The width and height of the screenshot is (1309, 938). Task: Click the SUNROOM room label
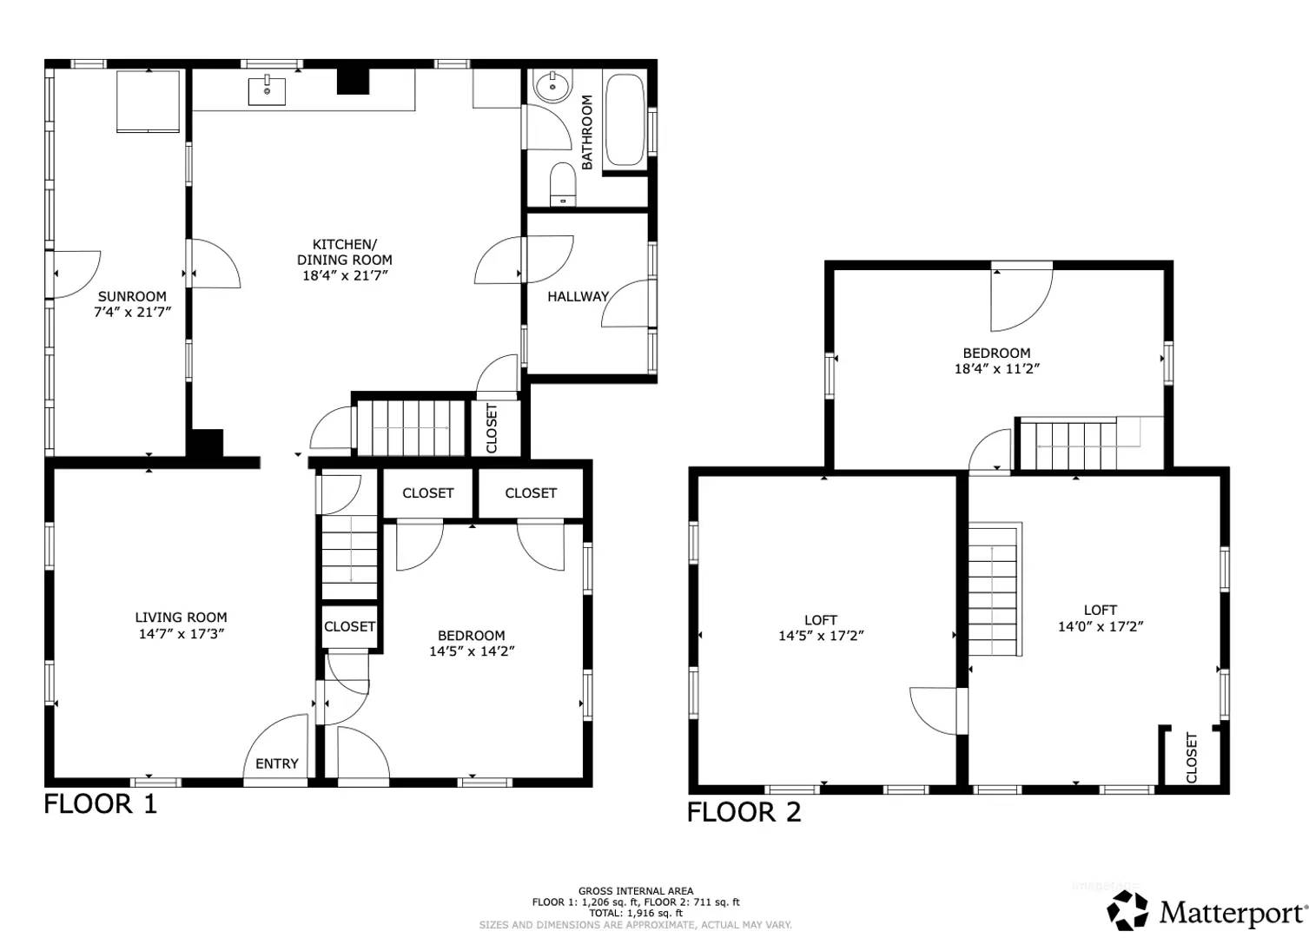[132, 296]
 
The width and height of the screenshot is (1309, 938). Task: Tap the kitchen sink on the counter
[267, 90]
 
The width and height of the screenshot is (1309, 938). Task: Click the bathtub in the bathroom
[625, 120]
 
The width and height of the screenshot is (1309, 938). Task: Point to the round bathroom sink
[552, 87]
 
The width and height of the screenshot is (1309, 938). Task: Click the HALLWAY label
[578, 296]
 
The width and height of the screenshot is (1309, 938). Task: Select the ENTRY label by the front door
[276, 763]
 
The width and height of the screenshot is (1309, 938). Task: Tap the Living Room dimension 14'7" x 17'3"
[181, 634]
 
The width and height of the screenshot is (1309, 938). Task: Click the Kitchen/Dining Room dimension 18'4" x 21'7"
[344, 275]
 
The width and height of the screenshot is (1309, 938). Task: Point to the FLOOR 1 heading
[101, 804]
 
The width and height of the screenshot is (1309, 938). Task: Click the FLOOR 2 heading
[744, 813]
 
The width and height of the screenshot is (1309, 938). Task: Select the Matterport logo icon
[1127, 911]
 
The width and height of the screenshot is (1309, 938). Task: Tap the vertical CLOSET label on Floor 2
[1191, 757]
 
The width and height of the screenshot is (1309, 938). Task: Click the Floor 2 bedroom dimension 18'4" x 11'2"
[996, 368]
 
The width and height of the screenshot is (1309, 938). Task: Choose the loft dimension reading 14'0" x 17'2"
[1100, 626]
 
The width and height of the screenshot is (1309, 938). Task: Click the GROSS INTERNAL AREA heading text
[636, 891]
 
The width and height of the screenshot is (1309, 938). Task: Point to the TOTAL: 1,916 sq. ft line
[636, 913]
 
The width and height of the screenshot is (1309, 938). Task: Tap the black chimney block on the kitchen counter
[353, 81]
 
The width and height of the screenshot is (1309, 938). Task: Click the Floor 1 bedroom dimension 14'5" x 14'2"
[471, 651]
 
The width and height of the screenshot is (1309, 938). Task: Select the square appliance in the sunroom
[149, 102]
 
